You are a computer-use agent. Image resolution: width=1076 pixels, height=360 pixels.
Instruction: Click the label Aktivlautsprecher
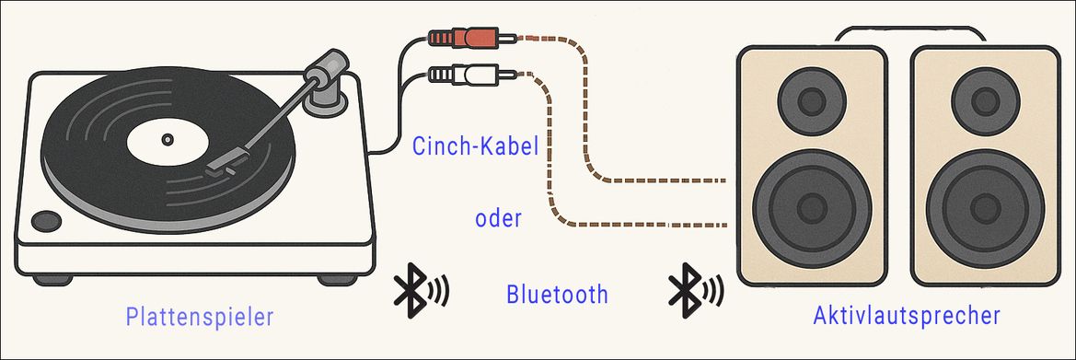pyautogui.click(x=907, y=316)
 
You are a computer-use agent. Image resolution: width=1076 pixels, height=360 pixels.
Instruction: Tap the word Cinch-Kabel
pyautogui.click(x=475, y=146)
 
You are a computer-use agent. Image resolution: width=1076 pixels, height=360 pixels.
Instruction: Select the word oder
pyautogui.click(x=499, y=219)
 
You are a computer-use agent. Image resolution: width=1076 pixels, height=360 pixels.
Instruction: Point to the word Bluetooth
pyautogui.click(x=557, y=295)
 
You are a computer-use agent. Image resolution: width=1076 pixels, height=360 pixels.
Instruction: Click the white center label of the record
pyautogui.click(x=167, y=141)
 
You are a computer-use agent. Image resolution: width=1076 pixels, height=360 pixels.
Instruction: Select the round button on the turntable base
pyautogui.click(x=45, y=220)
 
